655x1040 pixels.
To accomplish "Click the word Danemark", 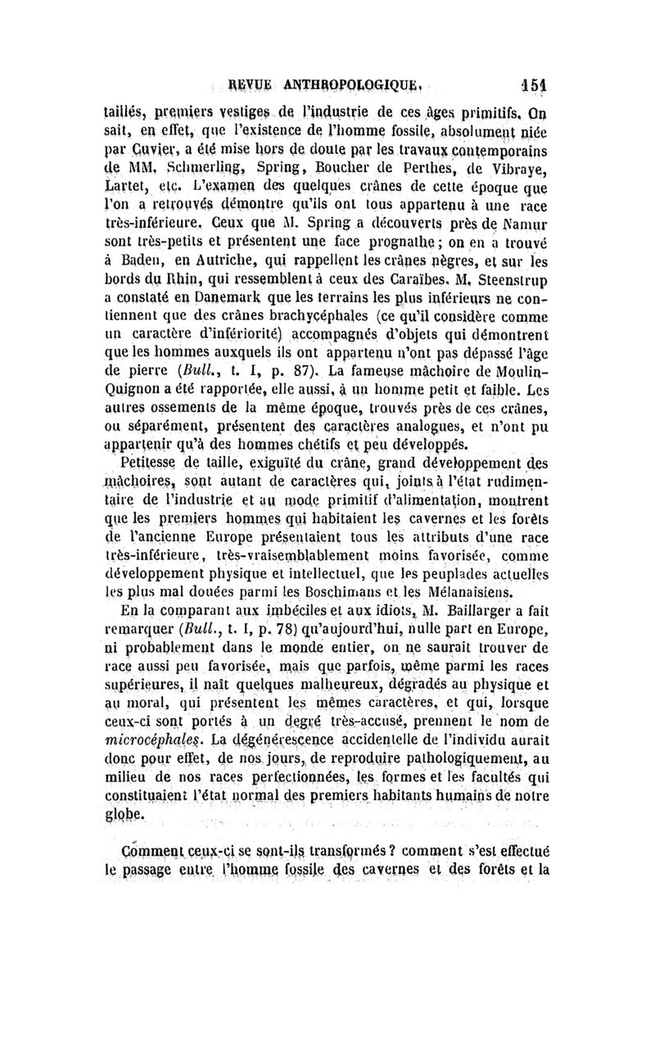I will coord(230,308).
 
